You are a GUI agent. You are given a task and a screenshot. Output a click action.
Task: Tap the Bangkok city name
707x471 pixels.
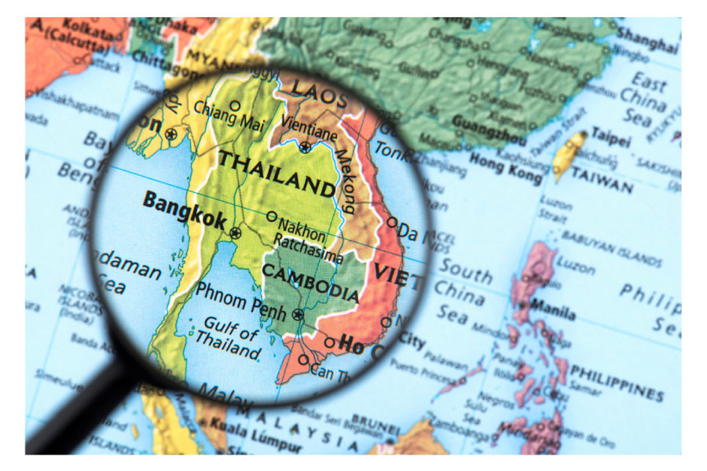coord(184,210)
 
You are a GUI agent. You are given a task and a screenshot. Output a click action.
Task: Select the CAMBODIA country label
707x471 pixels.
coord(310,282)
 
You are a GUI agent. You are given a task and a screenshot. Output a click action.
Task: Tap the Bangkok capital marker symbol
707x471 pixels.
coord(235,232)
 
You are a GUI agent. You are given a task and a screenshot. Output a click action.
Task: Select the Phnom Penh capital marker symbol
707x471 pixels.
coord(298,315)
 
